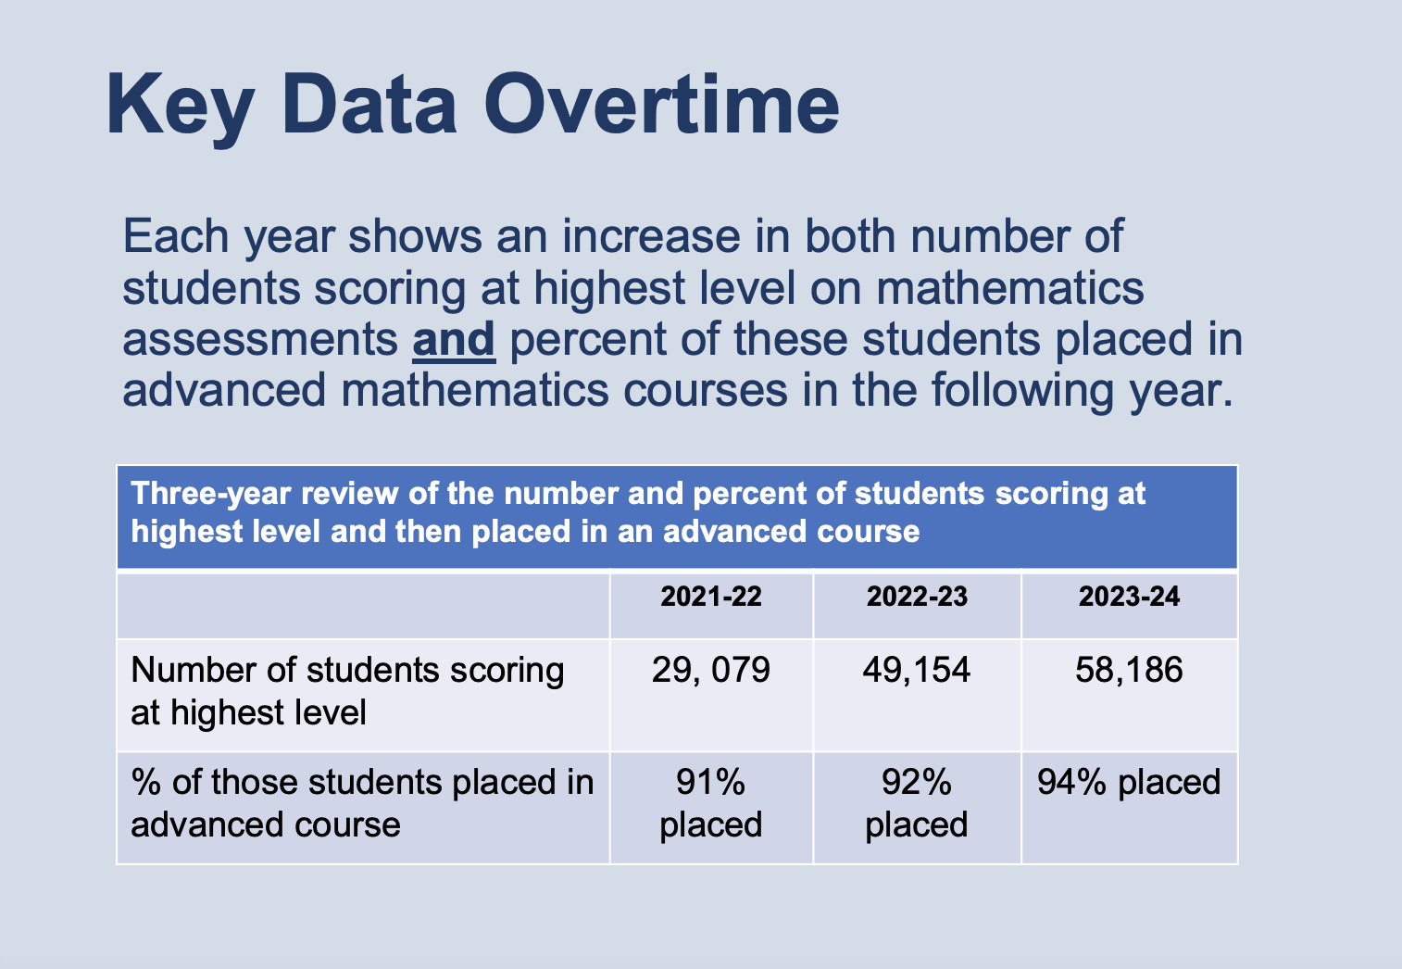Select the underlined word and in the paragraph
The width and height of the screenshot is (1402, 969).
click(454, 339)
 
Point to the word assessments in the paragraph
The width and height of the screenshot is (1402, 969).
click(259, 339)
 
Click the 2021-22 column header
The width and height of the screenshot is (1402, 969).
click(711, 597)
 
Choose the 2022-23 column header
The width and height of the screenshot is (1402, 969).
click(917, 597)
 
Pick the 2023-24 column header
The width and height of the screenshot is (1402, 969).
click(1129, 597)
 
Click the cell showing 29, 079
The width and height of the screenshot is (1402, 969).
click(711, 670)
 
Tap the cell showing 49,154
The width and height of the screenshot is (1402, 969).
click(917, 670)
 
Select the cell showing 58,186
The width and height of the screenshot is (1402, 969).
click(1129, 670)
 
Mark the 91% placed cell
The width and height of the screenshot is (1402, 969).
click(711, 803)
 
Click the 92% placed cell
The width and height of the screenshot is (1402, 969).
click(917, 803)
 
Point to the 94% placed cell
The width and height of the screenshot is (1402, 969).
click(1129, 783)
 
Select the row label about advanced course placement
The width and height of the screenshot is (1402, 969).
click(361, 803)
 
